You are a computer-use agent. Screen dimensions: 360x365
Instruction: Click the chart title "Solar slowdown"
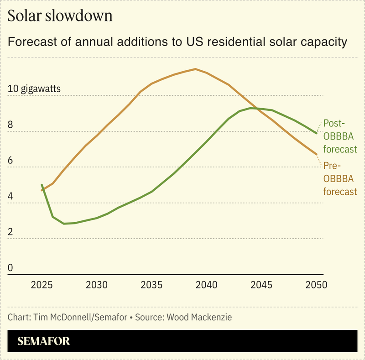coord(60,16)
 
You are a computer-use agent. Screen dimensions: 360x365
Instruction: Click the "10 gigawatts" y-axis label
coord(35,89)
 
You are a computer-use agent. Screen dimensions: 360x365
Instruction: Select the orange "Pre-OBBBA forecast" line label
coord(339,178)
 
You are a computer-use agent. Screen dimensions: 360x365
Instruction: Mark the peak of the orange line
coord(195,69)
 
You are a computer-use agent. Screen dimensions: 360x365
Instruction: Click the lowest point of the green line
coord(64,224)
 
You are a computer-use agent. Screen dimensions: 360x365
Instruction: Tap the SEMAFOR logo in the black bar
coord(44,341)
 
